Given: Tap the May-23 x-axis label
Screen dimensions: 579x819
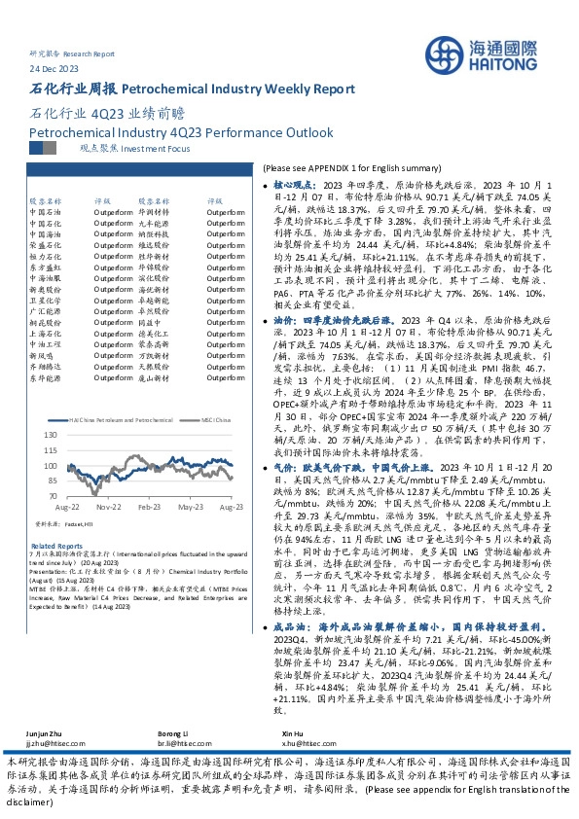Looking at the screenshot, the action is click(191, 507).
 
